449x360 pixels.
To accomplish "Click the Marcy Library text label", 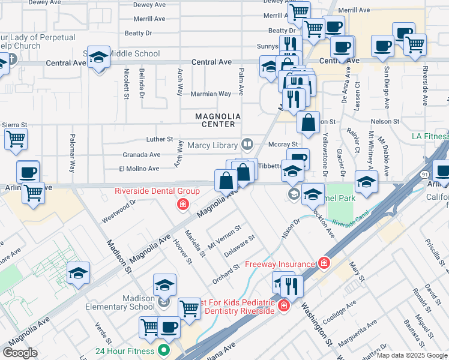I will pos(212,145).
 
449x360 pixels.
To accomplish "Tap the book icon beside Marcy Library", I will pos(247,144).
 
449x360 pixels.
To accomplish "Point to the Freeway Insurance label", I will pos(280,264).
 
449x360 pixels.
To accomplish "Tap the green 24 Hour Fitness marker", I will pos(163,351).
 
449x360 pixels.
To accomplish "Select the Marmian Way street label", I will pos(211,94).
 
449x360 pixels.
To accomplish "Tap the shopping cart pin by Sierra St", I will pos(16,139).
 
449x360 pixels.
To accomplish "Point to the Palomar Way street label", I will pos(72,161).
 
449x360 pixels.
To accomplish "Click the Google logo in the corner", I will pos(20,353).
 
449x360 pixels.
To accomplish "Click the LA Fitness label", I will pos(430,136).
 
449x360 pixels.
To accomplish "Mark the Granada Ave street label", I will pos(141,154).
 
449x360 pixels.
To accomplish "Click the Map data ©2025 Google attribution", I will pos(412,356).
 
